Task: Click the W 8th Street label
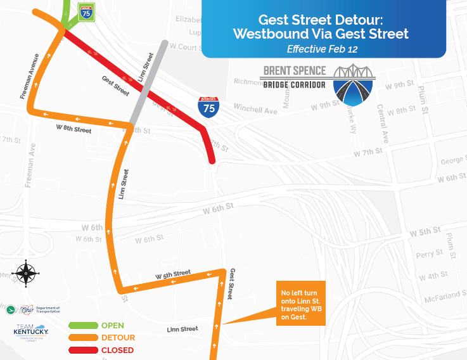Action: click(74, 130)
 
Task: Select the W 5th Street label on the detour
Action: click(173, 275)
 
